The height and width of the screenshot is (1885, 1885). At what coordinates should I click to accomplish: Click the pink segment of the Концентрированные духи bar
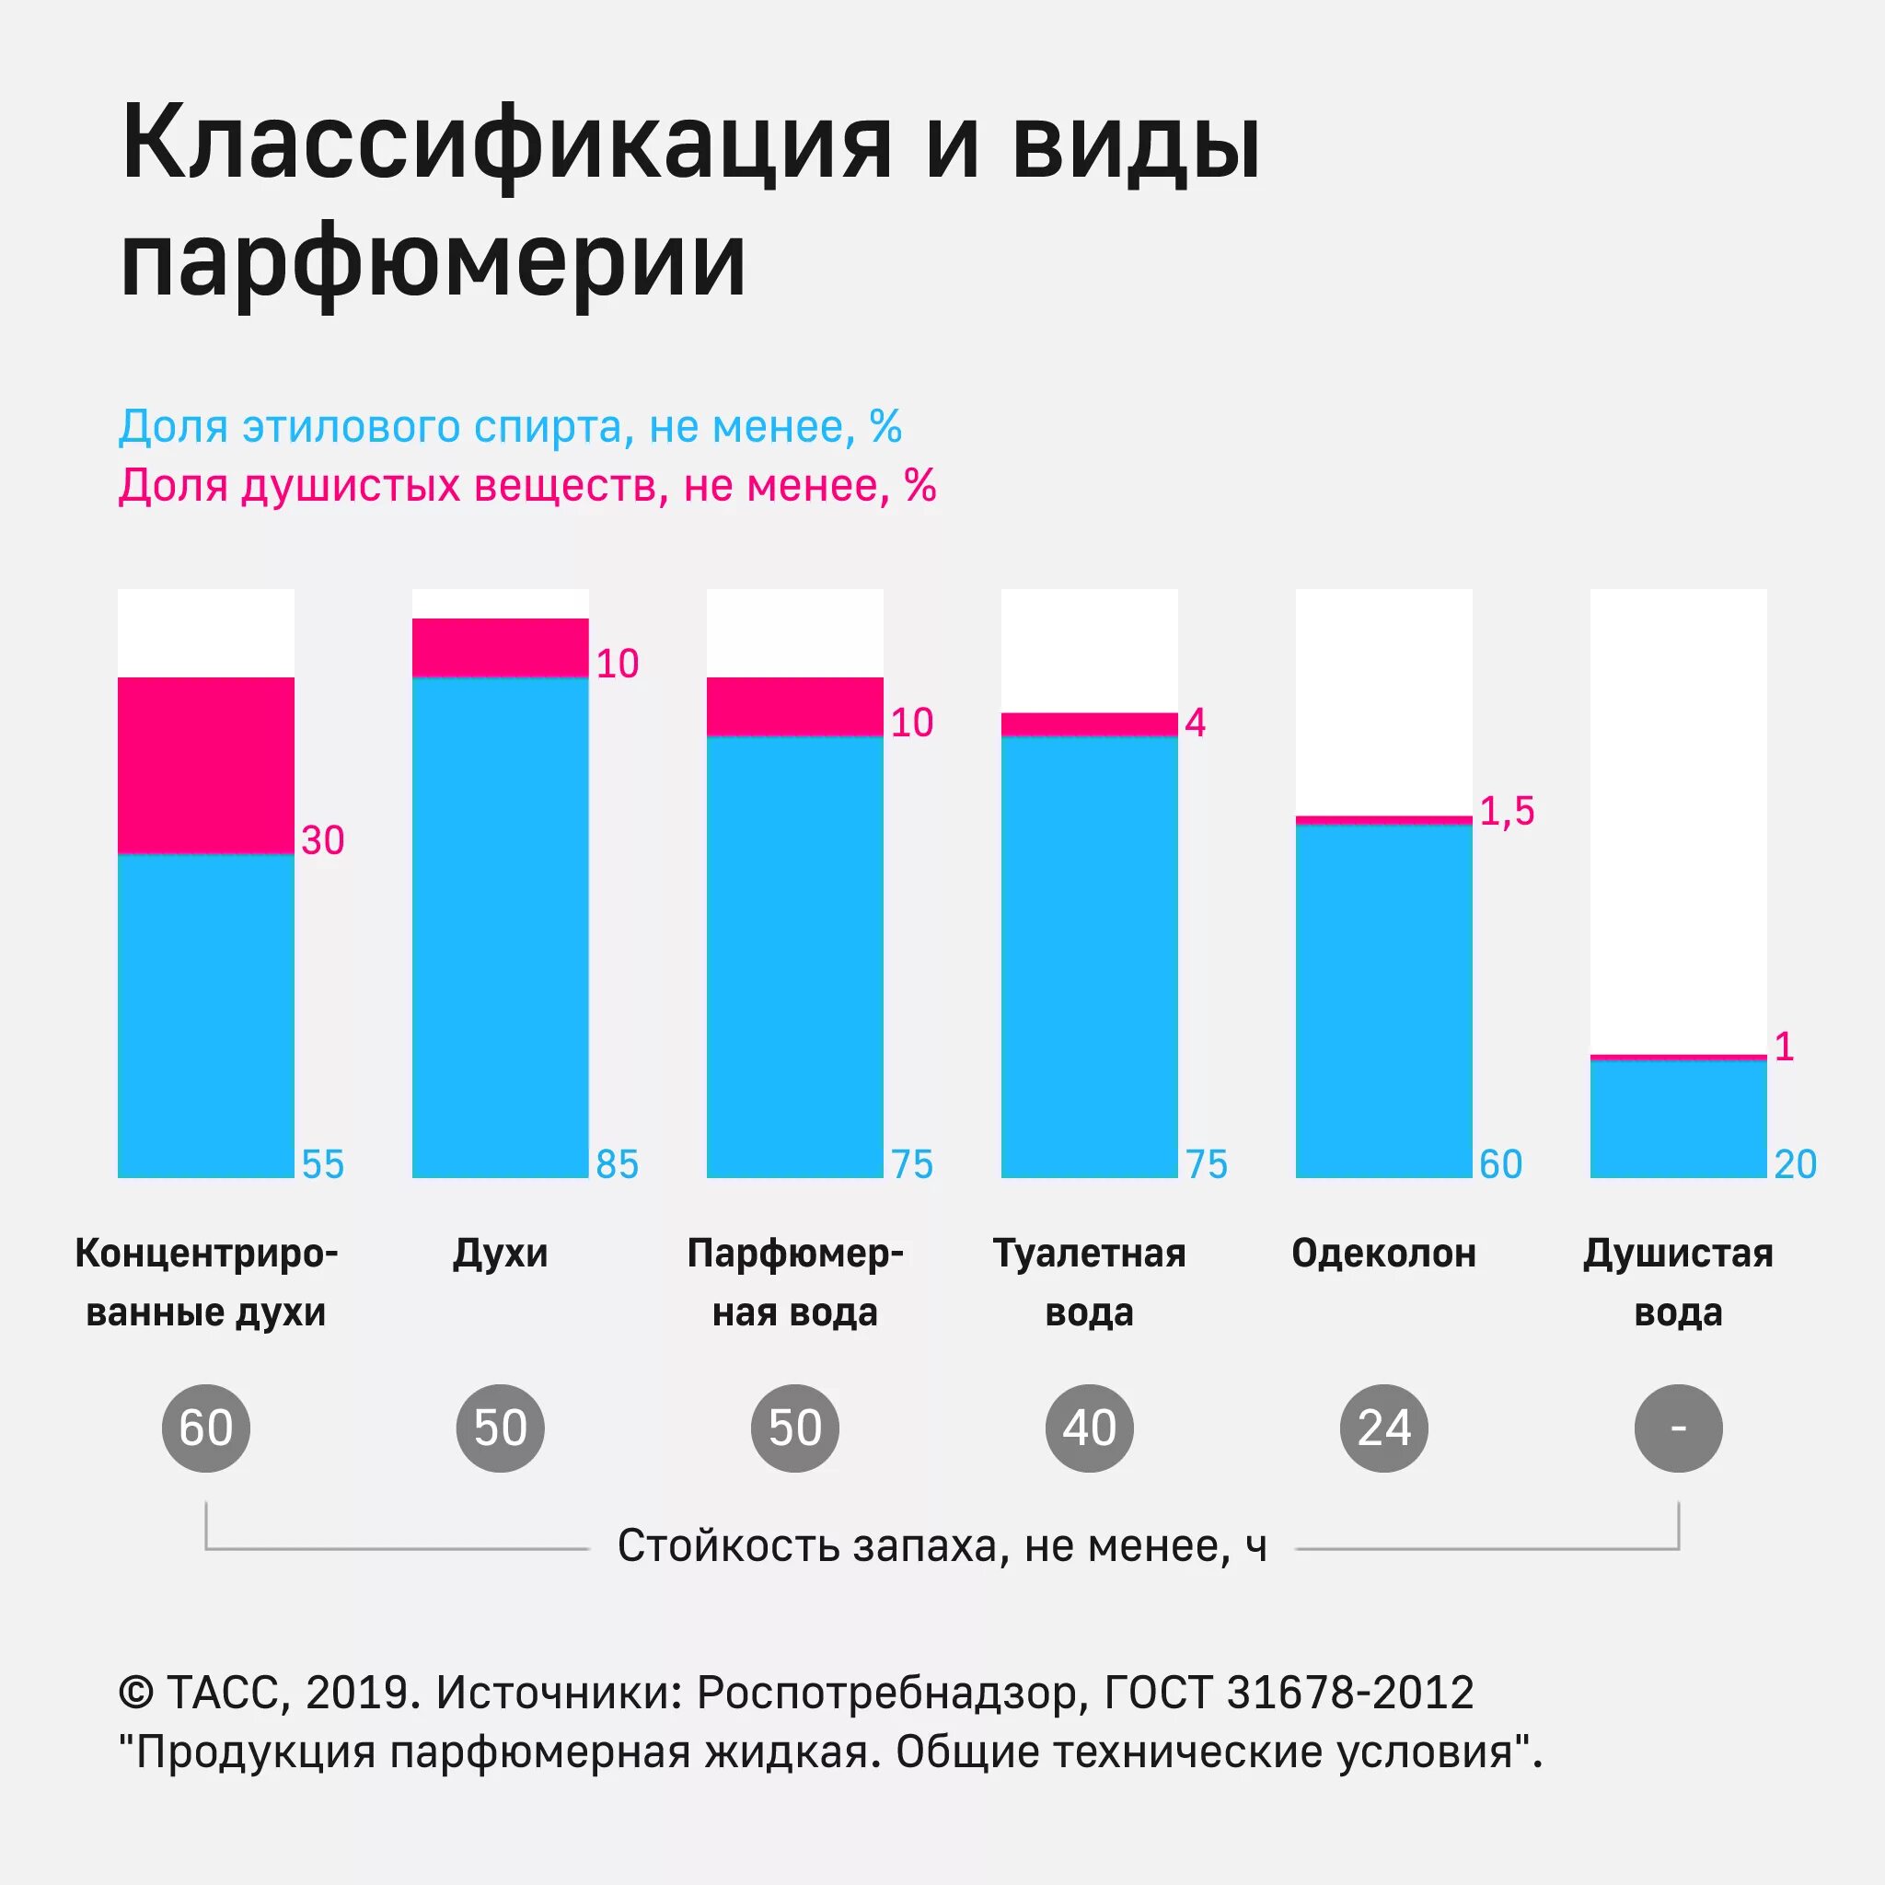pos(206,765)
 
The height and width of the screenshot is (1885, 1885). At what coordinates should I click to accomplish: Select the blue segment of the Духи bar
pos(500,927)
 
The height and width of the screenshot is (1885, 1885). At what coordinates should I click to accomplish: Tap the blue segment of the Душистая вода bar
pos(1678,1118)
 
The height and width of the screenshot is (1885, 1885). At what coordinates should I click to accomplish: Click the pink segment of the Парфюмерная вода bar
pos(794,706)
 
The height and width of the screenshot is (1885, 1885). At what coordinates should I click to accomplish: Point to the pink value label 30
pos(323,840)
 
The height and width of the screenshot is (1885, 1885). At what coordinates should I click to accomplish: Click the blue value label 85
pos(617,1164)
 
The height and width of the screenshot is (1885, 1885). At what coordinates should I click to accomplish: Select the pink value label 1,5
pos(1507,811)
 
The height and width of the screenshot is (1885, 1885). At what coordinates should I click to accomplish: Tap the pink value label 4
pos(1196,723)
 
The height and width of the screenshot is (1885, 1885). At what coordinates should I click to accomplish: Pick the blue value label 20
pos(1795,1164)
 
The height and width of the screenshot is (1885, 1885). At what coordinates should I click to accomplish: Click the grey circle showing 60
pos(206,1428)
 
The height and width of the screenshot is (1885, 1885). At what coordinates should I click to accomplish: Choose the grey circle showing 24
pos(1383,1428)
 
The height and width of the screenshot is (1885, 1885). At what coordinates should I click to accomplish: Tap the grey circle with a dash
pos(1678,1428)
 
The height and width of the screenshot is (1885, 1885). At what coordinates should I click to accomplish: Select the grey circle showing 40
pos(1089,1428)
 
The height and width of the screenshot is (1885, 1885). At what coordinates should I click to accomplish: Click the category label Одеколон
pos(1383,1254)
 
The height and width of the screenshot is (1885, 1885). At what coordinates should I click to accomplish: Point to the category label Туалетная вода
pos(1089,1282)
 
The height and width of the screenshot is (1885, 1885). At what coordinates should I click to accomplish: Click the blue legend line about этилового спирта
pos(509,426)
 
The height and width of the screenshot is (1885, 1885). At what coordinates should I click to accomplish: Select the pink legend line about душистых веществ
pos(526,486)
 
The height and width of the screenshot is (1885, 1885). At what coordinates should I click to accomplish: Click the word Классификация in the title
pos(506,145)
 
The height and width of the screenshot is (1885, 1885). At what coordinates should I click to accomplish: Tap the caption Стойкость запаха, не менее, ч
pos(942,1546)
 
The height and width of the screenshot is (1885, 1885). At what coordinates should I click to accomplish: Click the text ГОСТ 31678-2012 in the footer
pos(1288,1693)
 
